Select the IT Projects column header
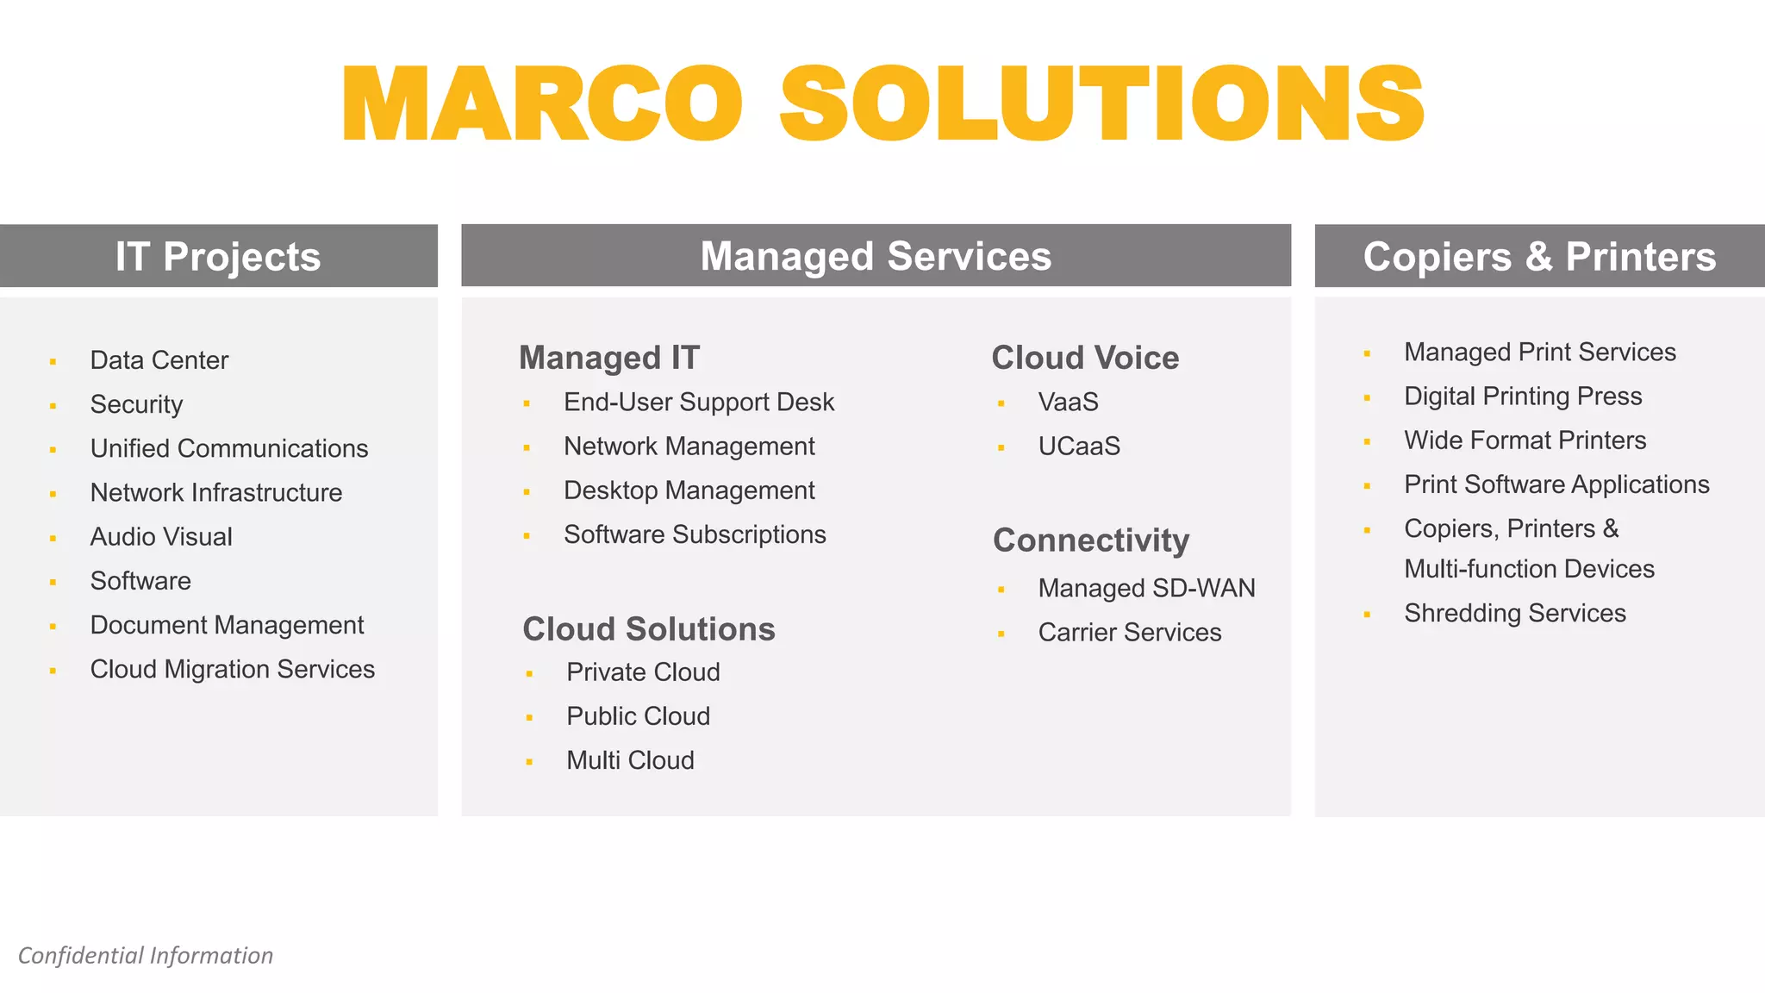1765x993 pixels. tap(218, 256)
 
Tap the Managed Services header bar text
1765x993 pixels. tap(876, 256)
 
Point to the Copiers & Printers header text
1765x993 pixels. tap(1539, 256)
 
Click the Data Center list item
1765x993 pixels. tap(159, 360)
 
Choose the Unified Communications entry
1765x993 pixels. tap(229, 448)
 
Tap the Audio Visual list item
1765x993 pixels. tap(161, 537)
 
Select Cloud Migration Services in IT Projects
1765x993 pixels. tap(233, 669)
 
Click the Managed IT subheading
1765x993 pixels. tap(609, 358)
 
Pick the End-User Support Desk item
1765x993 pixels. tap(699, 402)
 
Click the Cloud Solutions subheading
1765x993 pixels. tap(649, 629)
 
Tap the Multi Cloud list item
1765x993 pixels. tap(630, 760)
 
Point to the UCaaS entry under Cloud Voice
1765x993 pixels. tap(1079, 447)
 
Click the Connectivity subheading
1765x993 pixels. tap(1091, 540)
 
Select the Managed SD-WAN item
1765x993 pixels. tap(1146, 588)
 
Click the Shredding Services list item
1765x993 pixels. tap(1515, 613)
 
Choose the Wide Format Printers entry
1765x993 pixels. tap(1525, 440)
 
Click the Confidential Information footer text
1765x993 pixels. tap(146, 955)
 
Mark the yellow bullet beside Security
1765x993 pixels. tap(53, 406)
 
